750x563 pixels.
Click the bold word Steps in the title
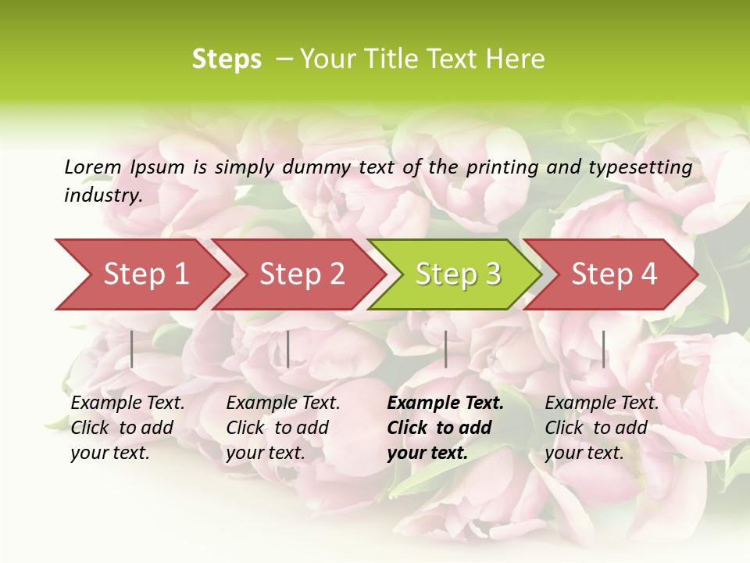pos(227,59)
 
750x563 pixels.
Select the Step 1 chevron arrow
pos(141,274)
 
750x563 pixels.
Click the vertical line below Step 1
pos(132,349)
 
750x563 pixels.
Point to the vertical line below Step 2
pos(288,349)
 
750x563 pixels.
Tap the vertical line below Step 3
pos(445,349)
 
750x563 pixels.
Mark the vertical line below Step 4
pos(603,349)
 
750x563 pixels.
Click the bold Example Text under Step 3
pos(445,403)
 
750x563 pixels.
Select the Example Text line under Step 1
pos(127,403)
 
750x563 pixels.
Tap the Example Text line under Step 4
pos(602,403)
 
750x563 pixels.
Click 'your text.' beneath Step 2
pos(265,453)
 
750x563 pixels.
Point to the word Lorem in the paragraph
pos(93,167)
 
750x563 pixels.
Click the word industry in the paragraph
pos(102,195)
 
